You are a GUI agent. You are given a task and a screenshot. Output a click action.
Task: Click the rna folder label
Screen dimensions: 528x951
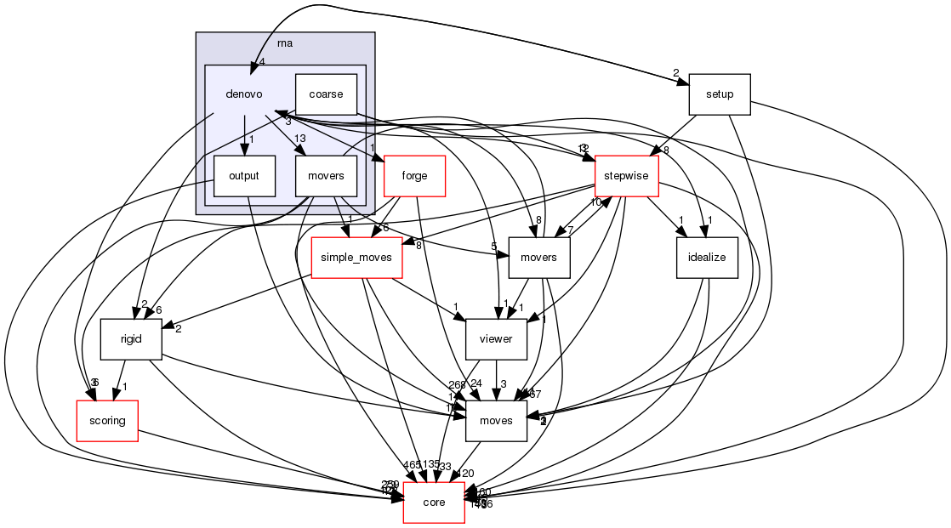coord(285,43)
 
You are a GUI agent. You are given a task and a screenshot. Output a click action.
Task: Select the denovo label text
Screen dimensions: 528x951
coord(244,94)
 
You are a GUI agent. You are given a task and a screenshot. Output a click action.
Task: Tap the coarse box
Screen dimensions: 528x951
coord(326,94)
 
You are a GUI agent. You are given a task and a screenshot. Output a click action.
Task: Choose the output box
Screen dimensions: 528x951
coord(244,176)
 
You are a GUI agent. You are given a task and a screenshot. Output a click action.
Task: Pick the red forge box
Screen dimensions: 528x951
coord(416,176)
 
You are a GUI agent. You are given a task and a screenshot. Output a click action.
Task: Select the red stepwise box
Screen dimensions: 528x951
coord(627,176)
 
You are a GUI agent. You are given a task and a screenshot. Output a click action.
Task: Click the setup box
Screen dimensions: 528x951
coord(720,94)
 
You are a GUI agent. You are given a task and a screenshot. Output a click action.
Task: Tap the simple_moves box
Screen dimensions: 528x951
coord(356,258)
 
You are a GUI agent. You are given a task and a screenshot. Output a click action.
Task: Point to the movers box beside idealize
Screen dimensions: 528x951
coord(538,258)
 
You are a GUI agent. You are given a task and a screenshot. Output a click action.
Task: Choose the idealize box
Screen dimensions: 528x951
coord(707,258)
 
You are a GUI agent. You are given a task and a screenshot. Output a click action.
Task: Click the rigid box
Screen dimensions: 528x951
coord(130,339)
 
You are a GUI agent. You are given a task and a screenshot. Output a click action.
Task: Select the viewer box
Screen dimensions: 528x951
coord(496,339)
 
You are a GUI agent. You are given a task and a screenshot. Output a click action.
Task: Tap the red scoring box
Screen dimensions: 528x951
coord(107,421)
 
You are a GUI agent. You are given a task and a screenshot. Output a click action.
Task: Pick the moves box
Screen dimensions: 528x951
coord(496,421)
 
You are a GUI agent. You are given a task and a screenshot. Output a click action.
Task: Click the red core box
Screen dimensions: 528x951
coord(434,502)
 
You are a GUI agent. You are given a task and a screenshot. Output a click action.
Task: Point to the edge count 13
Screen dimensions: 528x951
coord(299,139)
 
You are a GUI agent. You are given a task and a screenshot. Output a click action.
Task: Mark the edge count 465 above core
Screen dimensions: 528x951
coord(412,465)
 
